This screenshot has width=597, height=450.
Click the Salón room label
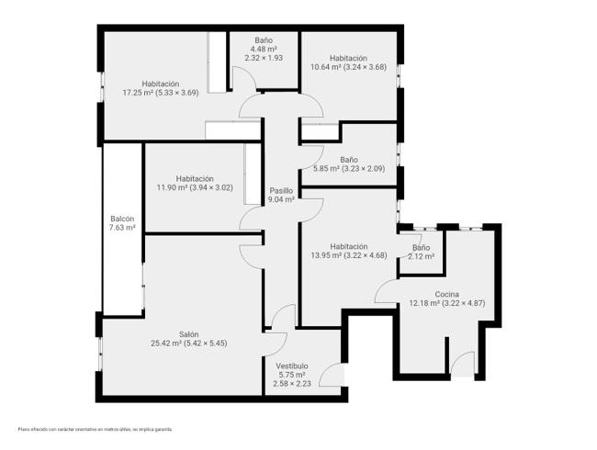tap(189, 334)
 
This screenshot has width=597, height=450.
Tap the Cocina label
tap(446, 294)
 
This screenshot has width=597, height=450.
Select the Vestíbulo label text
tap(292, 366)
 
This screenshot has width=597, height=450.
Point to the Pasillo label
tap(281, 190)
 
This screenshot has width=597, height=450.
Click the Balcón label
tap(122, 219)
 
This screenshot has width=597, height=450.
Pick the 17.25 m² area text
tap(138, 93)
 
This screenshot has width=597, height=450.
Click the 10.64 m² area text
tap(326, 67)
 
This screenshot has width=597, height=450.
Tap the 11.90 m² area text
tap(172, 187)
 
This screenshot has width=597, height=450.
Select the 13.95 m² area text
tap(326, 255)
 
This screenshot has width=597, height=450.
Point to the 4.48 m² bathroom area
tap(264, 49)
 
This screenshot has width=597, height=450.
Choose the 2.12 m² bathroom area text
tap(421, 256)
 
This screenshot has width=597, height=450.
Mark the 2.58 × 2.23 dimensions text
tap(292, 383)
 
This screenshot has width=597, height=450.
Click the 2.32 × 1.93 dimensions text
tap(264, 58)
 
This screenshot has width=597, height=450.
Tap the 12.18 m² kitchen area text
tap(424, 303)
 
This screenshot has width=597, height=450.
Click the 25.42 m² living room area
tap(166, 343)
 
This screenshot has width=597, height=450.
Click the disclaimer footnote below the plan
tap(96, 429)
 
